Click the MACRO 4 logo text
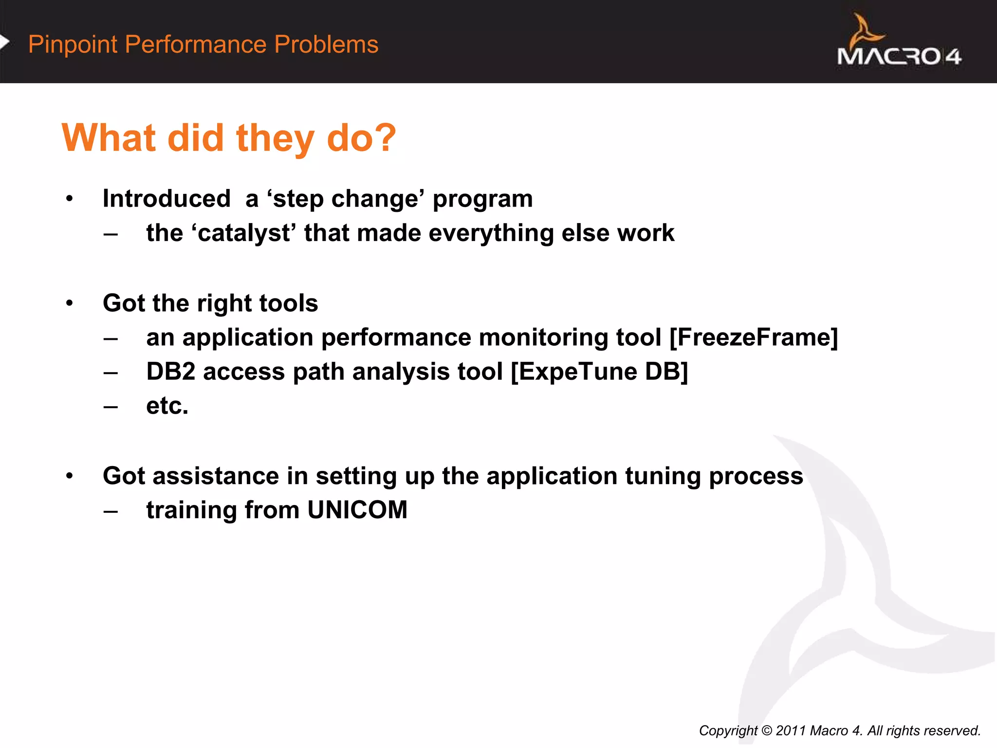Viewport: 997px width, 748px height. coord(899,56)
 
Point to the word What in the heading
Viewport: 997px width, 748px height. coord(109,138)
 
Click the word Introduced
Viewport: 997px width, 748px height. coord(166,199)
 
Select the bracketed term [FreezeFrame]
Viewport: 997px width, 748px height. coord(754,337)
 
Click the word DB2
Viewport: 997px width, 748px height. coord(170,372)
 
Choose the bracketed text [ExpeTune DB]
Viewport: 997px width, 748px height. coord(599,372)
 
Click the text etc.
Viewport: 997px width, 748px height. coord(167,406)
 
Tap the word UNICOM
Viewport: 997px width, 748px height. coord(357,510)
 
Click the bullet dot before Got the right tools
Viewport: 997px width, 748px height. coord(70,303)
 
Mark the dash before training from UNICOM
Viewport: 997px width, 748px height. coord(111,511)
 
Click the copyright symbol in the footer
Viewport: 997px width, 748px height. coord(766,731)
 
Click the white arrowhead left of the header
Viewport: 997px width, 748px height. coord(4,42)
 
